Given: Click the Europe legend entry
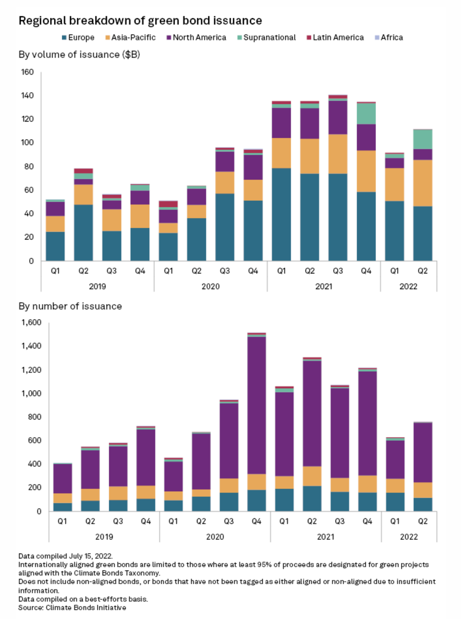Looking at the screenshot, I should (78, 37).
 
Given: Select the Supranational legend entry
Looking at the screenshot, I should (266, 37).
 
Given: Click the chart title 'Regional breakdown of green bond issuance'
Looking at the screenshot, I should (140, 20).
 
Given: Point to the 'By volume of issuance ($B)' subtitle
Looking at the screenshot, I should (79, 55).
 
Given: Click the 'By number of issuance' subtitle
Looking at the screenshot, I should (70, 306).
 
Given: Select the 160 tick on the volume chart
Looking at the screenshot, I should (27, 72).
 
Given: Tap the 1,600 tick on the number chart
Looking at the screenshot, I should (32, 323).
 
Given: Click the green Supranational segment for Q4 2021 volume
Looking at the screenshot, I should (366, 113).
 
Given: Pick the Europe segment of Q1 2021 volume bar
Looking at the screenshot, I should (281, 214).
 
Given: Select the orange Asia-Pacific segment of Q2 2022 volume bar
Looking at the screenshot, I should (423, 183).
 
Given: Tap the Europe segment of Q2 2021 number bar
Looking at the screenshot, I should (312, 498).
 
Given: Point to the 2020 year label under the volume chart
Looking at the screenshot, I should (210, 286).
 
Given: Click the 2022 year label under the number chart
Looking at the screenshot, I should (409, 537).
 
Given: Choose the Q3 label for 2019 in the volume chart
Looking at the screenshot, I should (111, 271).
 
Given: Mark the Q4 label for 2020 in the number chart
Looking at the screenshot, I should (257, 521).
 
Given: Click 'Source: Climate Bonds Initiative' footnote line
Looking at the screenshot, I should (72, 608).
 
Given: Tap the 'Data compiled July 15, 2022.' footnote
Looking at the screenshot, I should (65, 556).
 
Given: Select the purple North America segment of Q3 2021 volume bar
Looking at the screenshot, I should (338, 117).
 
